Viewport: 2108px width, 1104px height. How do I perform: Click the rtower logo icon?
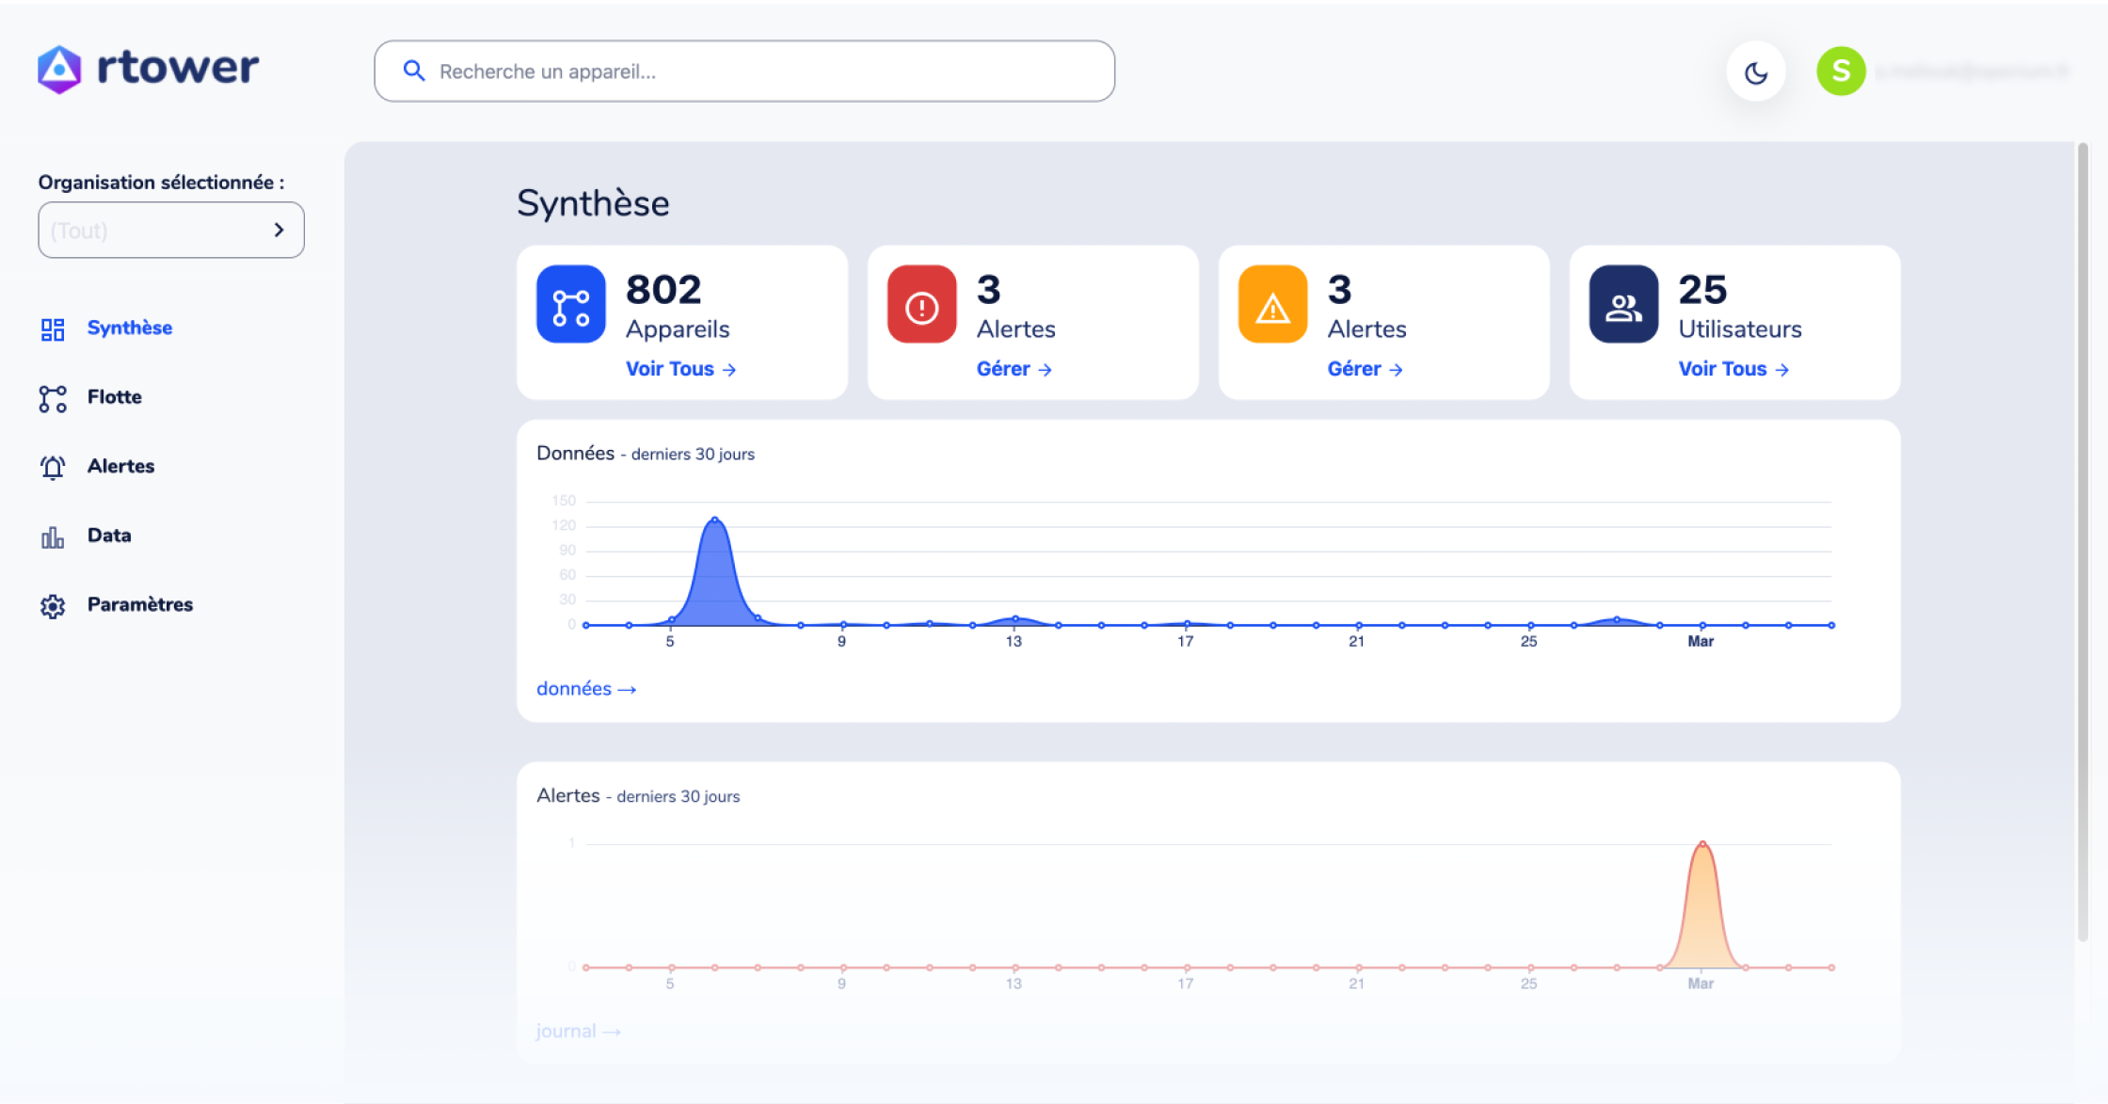(59, 70)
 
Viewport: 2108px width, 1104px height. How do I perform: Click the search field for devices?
(743, 72)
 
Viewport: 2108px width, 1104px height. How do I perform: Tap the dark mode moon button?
(1755, 72)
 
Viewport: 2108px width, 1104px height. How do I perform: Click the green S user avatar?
(1841, 72)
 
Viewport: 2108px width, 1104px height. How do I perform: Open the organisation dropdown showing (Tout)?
(170, 231)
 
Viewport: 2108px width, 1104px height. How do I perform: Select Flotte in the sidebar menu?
(114, 397)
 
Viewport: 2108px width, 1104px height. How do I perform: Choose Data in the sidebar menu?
(108, 536)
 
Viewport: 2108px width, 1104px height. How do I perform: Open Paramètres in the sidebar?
(139, 605)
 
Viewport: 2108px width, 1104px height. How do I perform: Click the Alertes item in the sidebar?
(120, 467)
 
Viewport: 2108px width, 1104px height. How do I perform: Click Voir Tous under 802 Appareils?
(680, 369)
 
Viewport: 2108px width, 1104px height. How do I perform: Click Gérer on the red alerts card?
(1014, 369)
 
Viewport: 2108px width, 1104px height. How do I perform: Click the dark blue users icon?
(1623, 305)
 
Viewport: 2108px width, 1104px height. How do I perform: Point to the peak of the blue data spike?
(715, 520)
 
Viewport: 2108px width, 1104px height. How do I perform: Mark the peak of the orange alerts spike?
(1702, 844)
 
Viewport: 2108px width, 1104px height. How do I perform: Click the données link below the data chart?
(585, 689)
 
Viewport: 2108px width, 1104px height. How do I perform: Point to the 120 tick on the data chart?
(564, 525)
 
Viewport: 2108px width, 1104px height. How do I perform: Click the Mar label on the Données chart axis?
(1701, 642)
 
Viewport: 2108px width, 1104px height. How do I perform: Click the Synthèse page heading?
(593, 203)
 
